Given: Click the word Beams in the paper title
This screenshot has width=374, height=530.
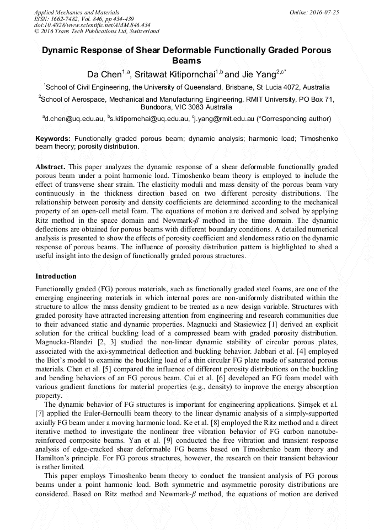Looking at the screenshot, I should [x=186, y=61].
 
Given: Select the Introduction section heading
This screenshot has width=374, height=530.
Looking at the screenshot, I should [x=56, y=276].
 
